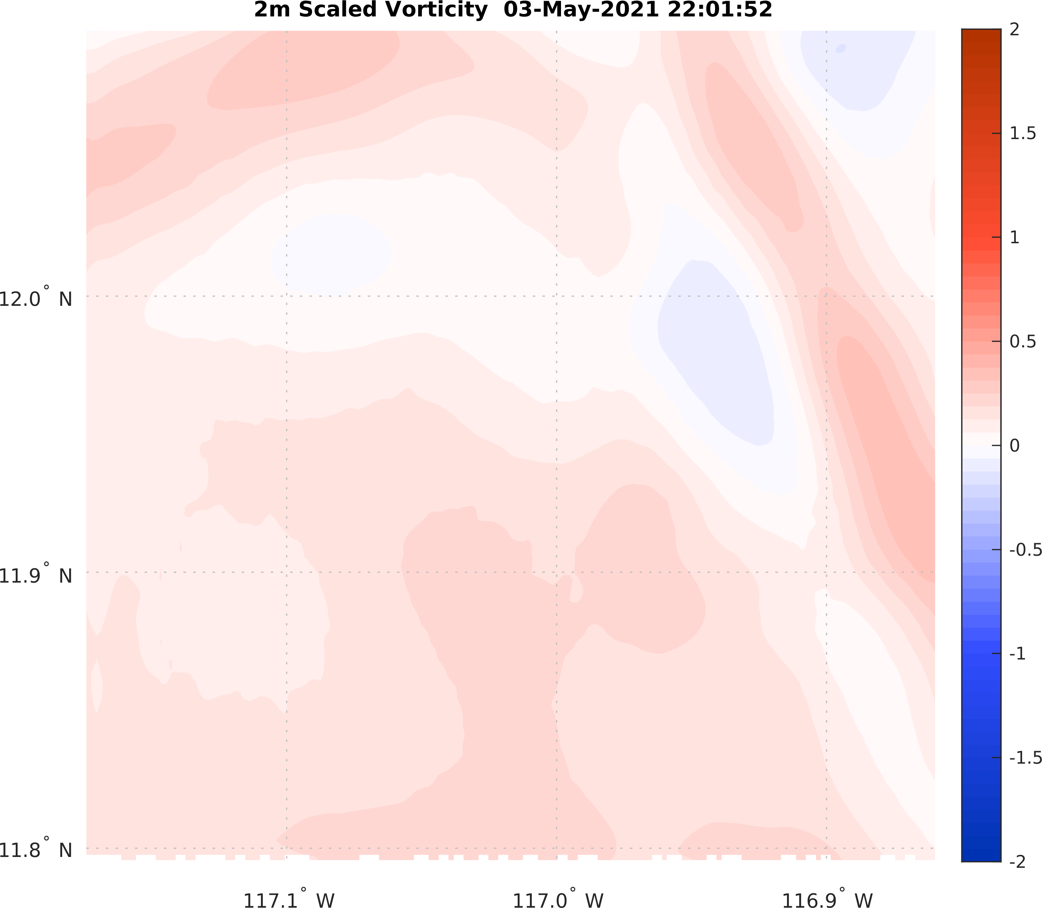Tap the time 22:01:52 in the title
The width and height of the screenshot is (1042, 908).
pos(720,10)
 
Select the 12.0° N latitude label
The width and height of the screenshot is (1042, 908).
pos(35,298)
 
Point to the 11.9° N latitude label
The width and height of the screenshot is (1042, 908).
pos(35,575)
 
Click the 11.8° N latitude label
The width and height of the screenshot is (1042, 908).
pos(35,850)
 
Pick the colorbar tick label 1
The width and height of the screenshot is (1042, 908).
pos(1014,238)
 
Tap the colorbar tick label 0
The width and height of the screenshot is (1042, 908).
pos(1014,446)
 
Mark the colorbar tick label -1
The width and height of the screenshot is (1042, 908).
pos(1017,654)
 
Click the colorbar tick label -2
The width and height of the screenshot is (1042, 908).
pos(1017,862)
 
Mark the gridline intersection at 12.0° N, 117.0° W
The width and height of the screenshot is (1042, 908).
pos(557,296)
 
